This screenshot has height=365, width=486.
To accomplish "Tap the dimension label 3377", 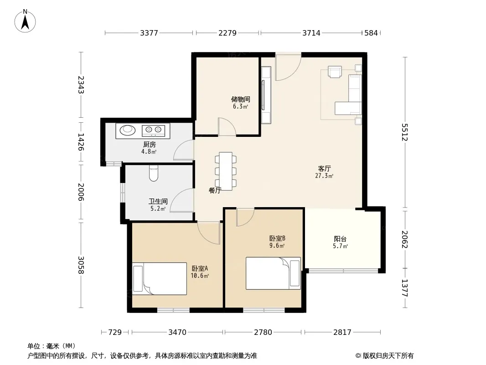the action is click(x=149, y=33).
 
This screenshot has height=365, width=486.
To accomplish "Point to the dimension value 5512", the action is click(x=405, y=132).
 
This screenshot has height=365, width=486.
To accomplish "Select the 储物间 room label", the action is click(x=241, y=99).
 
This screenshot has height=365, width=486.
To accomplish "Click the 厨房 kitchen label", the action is click(x=150, y=145).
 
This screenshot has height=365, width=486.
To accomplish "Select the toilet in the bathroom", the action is click(x=154, y=173).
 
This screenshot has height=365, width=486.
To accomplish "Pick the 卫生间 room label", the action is click(x=158, y=202).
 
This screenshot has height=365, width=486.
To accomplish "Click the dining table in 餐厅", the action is click(x=226, y=171).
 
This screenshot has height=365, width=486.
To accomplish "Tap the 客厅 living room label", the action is click(x=324, y=169).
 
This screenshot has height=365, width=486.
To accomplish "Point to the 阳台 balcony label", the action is click(x=340, y=239).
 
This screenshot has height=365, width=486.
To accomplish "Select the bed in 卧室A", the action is click(x=160, y=279).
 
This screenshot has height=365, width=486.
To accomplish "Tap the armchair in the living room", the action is click(x=335, y=72).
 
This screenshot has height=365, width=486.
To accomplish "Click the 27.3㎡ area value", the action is click(x=324, y=176).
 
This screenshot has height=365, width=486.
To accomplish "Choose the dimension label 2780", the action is click(x=263, y=333).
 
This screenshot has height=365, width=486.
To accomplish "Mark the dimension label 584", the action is click(x=371, y=33).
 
